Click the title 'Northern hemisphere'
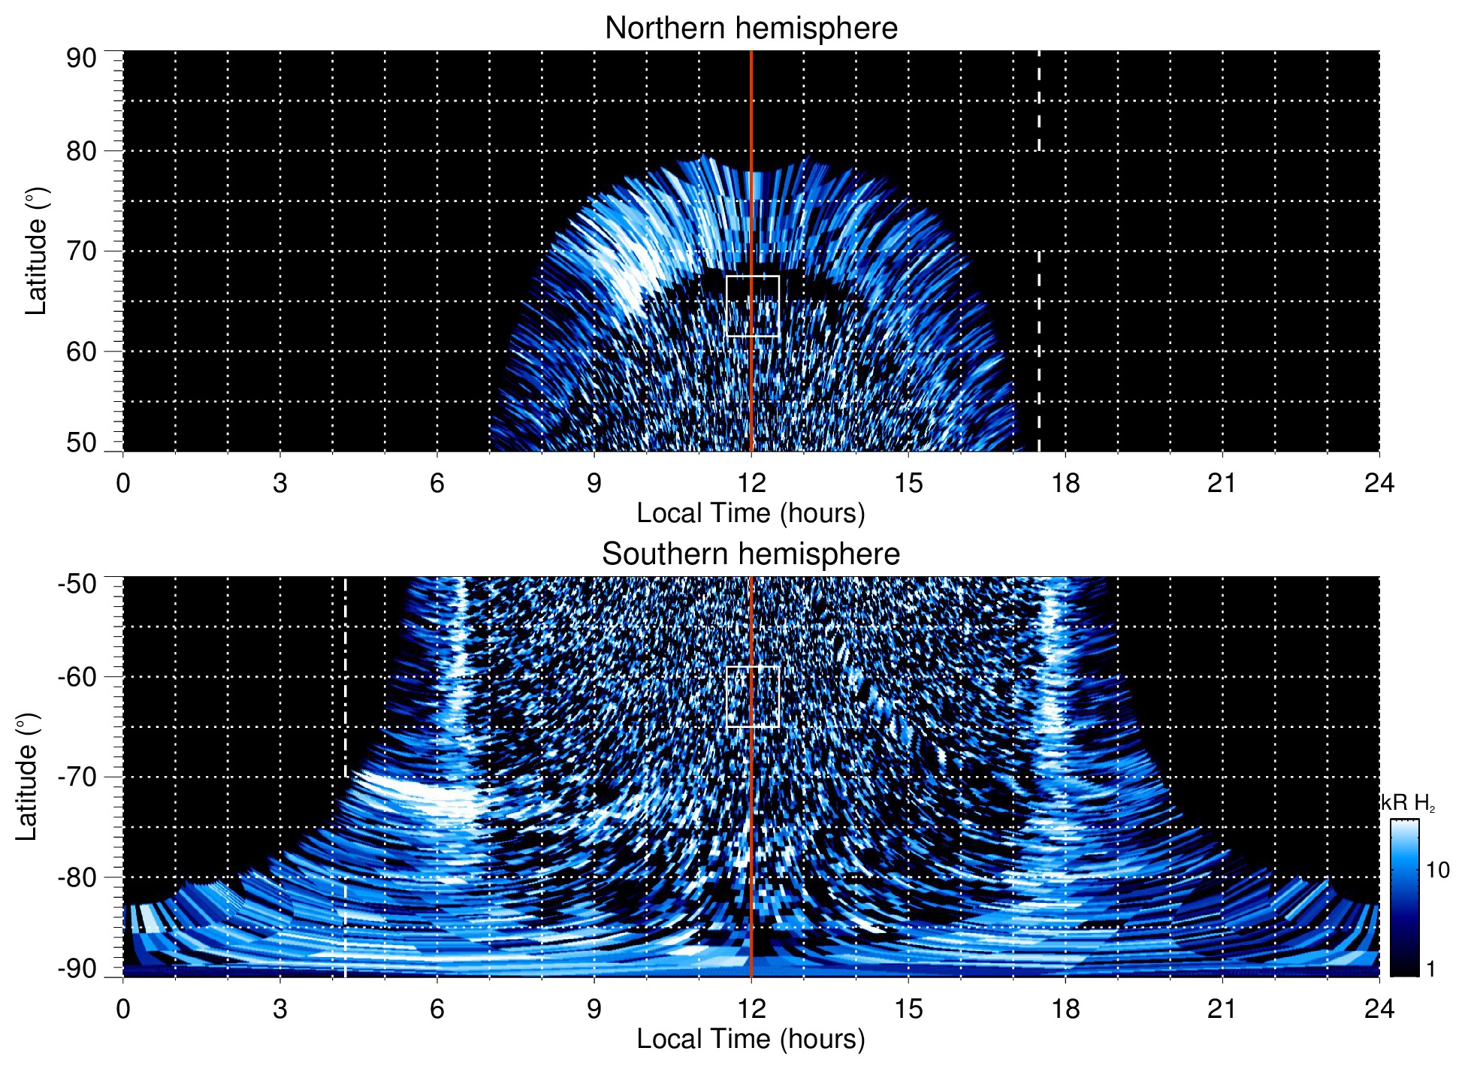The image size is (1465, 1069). pyautogui.click(x=751, y=29)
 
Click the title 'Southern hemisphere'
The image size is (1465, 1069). pyautogui.click(x=751, y=554)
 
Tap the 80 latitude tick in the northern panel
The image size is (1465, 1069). pyautogui.click(x=81, y=151)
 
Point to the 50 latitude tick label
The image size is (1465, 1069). pyautogui.click(x=81, y=442)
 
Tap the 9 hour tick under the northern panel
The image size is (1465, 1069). pyautogui.click(x=594, y=483)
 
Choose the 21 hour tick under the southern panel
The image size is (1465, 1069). pyautogui.click(x=1222, y=1009)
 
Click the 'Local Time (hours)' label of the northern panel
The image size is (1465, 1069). pyautogui.click(x=751, y=513)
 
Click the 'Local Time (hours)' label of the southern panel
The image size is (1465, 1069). pyautogui.click(x=751, y=1039)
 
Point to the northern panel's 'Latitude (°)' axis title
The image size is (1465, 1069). pyautogui.click(x=35, y=251)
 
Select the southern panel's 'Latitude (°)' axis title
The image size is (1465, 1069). pyautogui.click(x=26, y=777)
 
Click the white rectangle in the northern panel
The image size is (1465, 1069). pyautogui.click(x=752, y=307)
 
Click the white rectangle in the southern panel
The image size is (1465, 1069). pyautogui.click(x=752, y=696)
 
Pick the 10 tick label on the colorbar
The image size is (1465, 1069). pyautogui.click(x=1437, y=870)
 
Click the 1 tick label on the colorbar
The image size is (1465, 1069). pyautogui.click(x=1430, y=969)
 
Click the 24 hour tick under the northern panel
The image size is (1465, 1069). pyautogui.click(x=1379, y=483)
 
